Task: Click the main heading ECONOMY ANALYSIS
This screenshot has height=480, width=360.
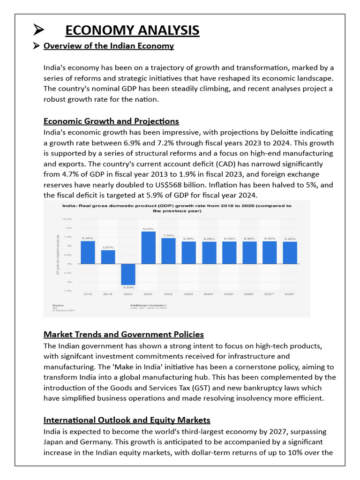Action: (x=132, y=30)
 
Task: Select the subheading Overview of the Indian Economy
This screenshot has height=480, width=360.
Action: (x=109, y=46)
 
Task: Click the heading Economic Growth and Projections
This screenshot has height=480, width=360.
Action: (x=111, y=121)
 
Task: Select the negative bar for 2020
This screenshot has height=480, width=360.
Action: (x=128, y=274)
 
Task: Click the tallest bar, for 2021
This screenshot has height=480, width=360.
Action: (x=148, y=247)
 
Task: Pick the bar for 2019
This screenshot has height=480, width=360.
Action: (x=108, y=257)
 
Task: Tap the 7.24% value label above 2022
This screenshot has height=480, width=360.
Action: (x=168, y=235)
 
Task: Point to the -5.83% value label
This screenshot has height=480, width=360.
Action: (x=128, y=287)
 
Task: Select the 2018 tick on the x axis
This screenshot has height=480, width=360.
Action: (x=88, y=294)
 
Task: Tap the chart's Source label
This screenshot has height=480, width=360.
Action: (x=58, y=304)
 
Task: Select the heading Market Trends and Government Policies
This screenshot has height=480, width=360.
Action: (x=124, y=335)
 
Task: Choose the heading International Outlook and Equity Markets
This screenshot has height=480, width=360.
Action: (x=127, y=420)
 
